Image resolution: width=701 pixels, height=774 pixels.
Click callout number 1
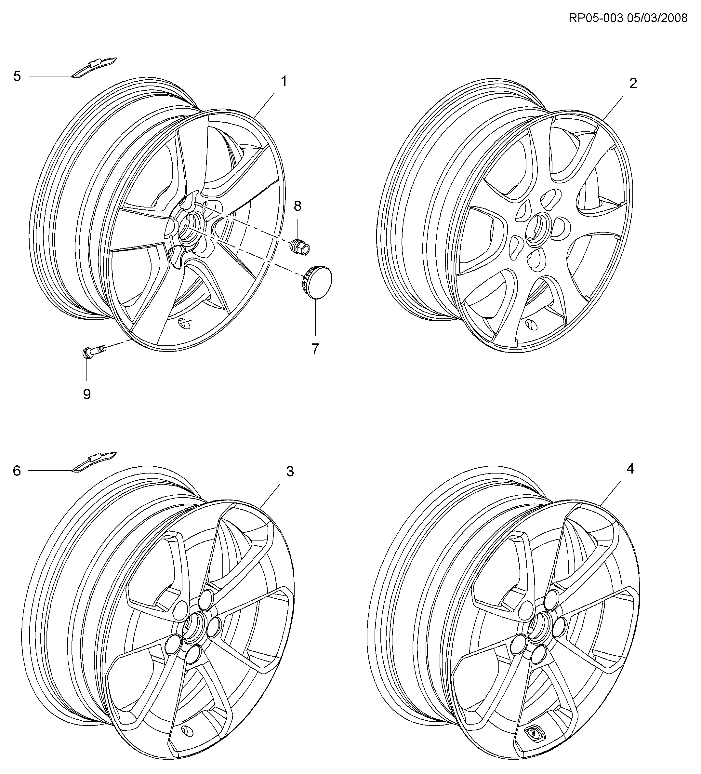[x=284, y=81]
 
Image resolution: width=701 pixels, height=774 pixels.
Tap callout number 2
[x=633, y=83]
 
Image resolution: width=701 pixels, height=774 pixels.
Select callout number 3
[x=290, y=472]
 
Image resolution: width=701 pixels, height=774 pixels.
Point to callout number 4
[x=630, y=468]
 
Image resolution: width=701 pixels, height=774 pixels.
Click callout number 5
[x=17, y=76]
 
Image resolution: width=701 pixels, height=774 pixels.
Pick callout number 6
[x=17, y=471]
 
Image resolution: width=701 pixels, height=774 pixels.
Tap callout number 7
[x=315, y=349]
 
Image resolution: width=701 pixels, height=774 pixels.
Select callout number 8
[x=298, y=206]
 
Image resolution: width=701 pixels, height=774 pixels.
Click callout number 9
[x=87, y=394]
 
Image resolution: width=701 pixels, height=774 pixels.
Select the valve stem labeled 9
[x=94, y=351]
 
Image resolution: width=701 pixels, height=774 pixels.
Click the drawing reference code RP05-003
[x=595, y=18]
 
